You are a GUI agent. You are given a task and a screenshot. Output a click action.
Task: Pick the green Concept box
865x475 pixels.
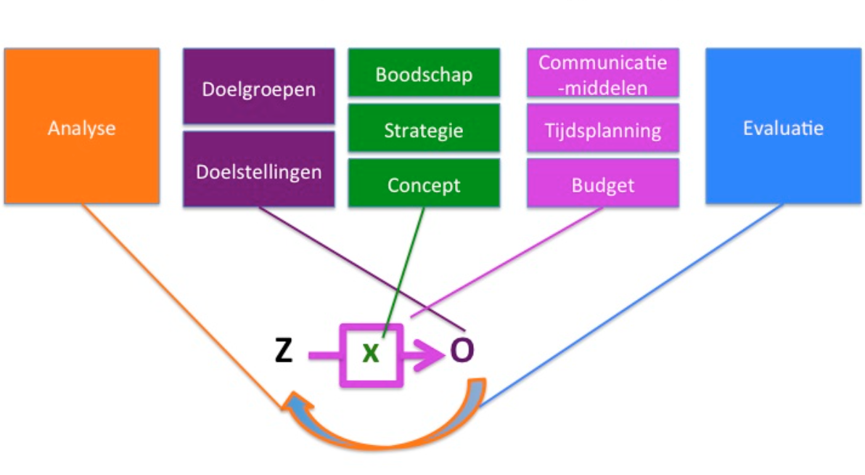click(x=424, y=184)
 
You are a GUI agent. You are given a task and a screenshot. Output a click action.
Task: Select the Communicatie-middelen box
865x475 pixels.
click(x=602, y=73)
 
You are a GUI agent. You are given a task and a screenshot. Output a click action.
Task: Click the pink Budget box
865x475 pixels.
click(x=602, y=184)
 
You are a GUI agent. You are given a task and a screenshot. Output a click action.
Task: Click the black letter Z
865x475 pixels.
click(x=284, y=352)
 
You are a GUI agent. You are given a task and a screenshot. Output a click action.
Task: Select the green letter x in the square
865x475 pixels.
click(x=370, y=353)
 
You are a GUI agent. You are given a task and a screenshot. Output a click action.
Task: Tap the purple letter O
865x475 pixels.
click(x=462, y=351)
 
